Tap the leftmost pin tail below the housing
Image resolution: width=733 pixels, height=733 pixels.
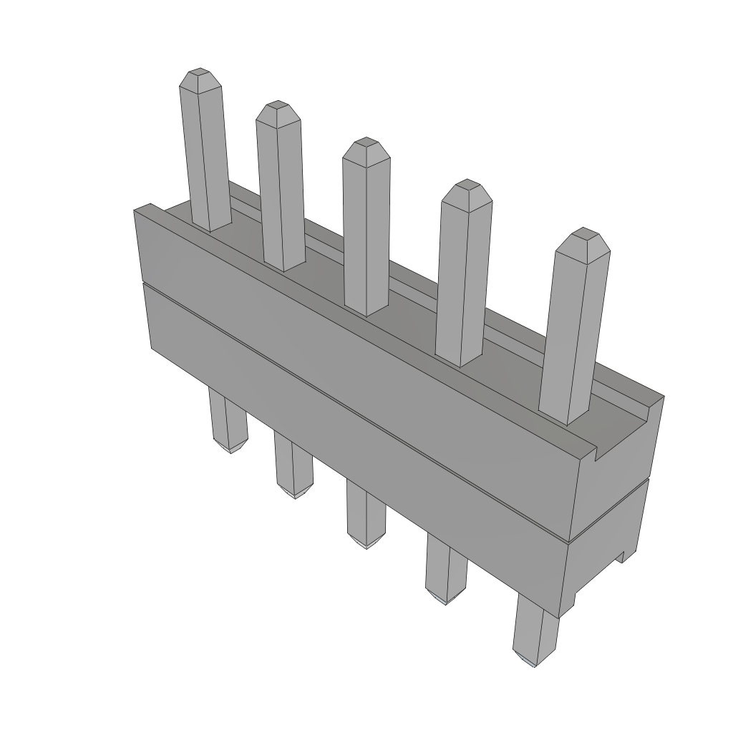tap(228, 422)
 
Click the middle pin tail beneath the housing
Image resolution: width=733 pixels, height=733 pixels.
tap(366, 512)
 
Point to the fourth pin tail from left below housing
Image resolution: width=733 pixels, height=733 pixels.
tap(446, 569)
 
